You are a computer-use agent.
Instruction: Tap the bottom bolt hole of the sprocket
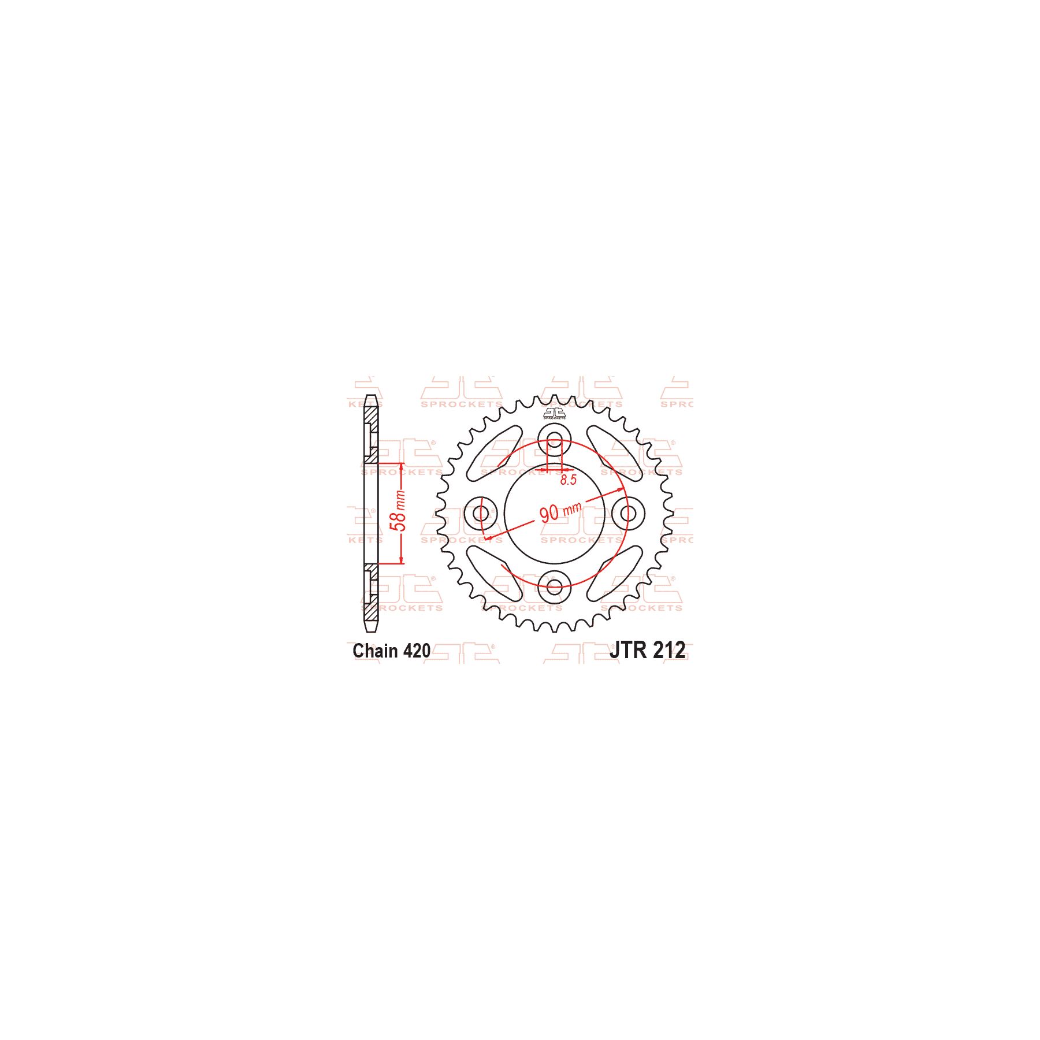554,587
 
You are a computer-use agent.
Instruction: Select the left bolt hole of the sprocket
480,513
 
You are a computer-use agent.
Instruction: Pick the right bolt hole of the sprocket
628,513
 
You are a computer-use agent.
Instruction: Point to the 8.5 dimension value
569,480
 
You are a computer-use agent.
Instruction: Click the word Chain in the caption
375,651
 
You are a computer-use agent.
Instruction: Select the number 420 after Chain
417,651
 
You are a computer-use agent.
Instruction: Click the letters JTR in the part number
628,650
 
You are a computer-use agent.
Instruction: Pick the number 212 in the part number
669,650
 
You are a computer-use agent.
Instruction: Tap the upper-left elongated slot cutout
495,451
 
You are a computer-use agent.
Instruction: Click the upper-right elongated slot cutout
614,451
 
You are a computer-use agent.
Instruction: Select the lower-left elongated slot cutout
495,574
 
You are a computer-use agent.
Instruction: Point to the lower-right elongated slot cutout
615,574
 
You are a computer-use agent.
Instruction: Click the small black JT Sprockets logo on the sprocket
554,413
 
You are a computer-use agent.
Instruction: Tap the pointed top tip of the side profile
371,397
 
